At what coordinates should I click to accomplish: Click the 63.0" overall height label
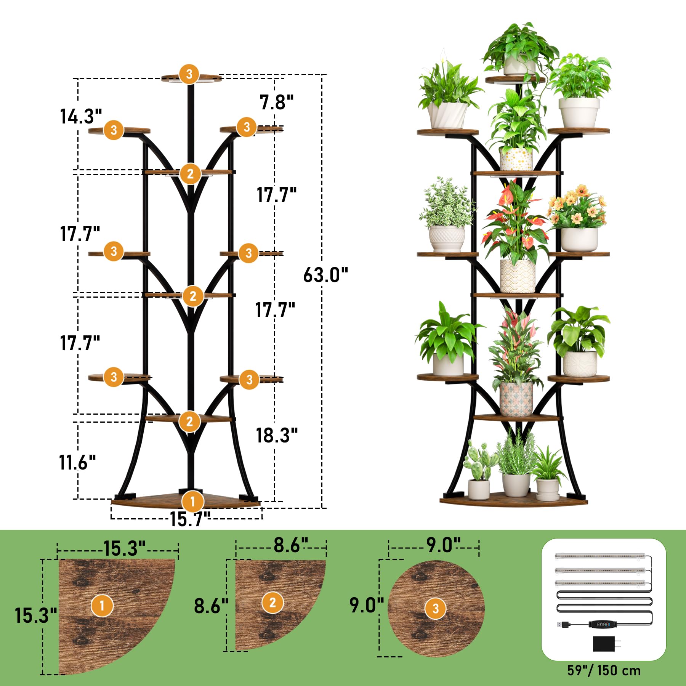click(325, 274)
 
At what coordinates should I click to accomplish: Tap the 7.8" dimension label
click(277, 102)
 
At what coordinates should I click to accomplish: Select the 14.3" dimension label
click(81, 116)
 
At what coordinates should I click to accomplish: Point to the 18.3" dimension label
click(277, 435)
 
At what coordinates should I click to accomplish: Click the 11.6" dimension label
click(77, 462)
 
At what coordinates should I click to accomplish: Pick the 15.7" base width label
click(190, 519)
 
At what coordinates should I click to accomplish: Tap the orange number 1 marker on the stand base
click(192, 502)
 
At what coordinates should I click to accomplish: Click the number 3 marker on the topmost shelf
click(189, 74)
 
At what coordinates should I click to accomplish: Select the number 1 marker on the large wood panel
click(102, 605)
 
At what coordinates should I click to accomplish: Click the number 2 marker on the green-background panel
click(272, 603)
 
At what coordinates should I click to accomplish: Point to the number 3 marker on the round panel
click(436, 608)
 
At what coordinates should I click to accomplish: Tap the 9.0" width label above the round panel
click(444, 545)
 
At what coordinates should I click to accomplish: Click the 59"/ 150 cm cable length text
click(604, 670)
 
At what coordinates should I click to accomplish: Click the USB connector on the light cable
click(564, 624)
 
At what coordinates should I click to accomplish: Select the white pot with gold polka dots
click(516, 159)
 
